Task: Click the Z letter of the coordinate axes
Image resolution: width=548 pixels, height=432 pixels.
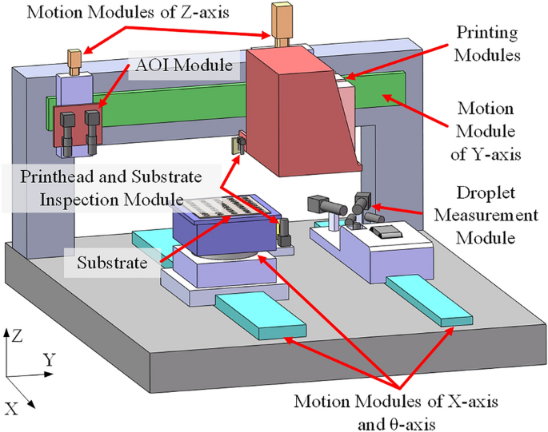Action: click(18, 335)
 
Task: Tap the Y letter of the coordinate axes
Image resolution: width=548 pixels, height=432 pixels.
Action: click(50, 361)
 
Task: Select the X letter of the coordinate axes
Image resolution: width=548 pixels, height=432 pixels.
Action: click(11, 408)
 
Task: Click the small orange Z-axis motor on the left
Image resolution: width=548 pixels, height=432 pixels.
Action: click(74, 61)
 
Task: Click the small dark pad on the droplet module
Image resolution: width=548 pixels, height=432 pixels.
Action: click(387, 232)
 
